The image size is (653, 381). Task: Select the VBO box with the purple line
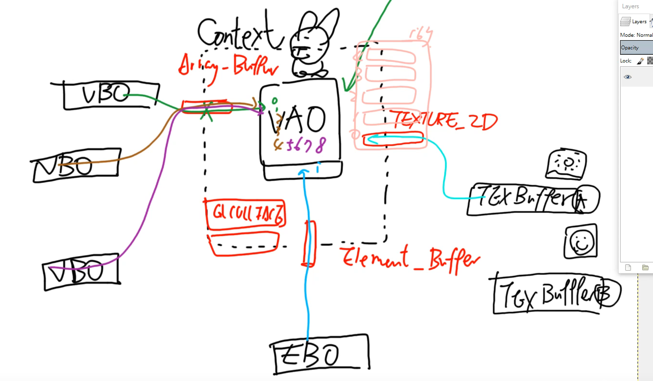81,272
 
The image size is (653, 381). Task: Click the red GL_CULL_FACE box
246,214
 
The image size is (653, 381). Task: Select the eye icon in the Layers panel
627,77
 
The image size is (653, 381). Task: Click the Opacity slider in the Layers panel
636,47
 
